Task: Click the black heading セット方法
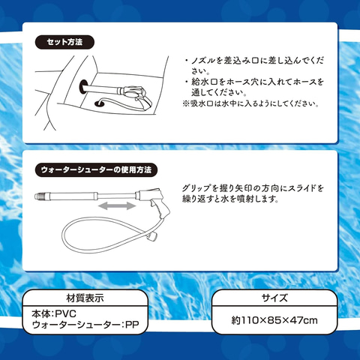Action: coord(64,42)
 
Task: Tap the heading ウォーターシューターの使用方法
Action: coord(96,170)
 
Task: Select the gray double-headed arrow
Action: coord(117,205)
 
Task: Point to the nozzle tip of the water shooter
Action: coord(38,196)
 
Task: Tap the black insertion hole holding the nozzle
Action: coord(83,87)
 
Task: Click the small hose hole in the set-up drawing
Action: coord(99,103)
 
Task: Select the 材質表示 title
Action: coord(85,298)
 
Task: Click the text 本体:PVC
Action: coord(54,313)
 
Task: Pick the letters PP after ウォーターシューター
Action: coord(132,325)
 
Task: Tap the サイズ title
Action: coord(274,298)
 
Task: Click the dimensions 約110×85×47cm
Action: coord(274,320)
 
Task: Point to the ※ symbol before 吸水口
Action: coord(186,103)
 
